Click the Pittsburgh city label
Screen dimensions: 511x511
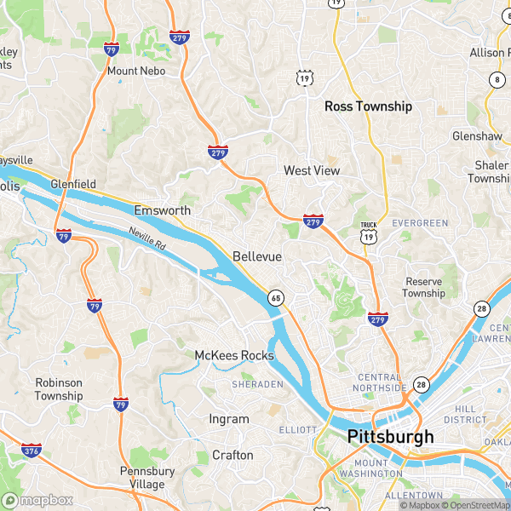click(x=390, y=437)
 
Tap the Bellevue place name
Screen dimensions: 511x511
click(x=256, y=256)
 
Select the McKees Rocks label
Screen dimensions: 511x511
click(x=234, y=355)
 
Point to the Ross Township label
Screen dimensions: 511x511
click(x=368, y=106)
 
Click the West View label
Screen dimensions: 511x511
click(x=311, y=171)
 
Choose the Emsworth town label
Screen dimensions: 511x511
click(x=162, y=210)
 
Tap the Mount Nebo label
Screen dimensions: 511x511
click(x=135, y=71)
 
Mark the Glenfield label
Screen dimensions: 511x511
click(x=73, y=184)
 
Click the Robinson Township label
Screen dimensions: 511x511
click(x=59, y=389)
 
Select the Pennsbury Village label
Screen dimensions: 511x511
click(x=146, y=477)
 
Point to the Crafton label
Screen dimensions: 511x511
click(x=233, y=455)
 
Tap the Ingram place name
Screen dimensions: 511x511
click(x=229, y=419)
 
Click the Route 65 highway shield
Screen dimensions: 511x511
click(x=275, y=297)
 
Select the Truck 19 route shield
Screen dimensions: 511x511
click(x=368, y=234)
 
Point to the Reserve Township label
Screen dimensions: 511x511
click(x=424, y=287)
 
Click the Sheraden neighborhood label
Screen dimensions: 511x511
click(x=256, y=385)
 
